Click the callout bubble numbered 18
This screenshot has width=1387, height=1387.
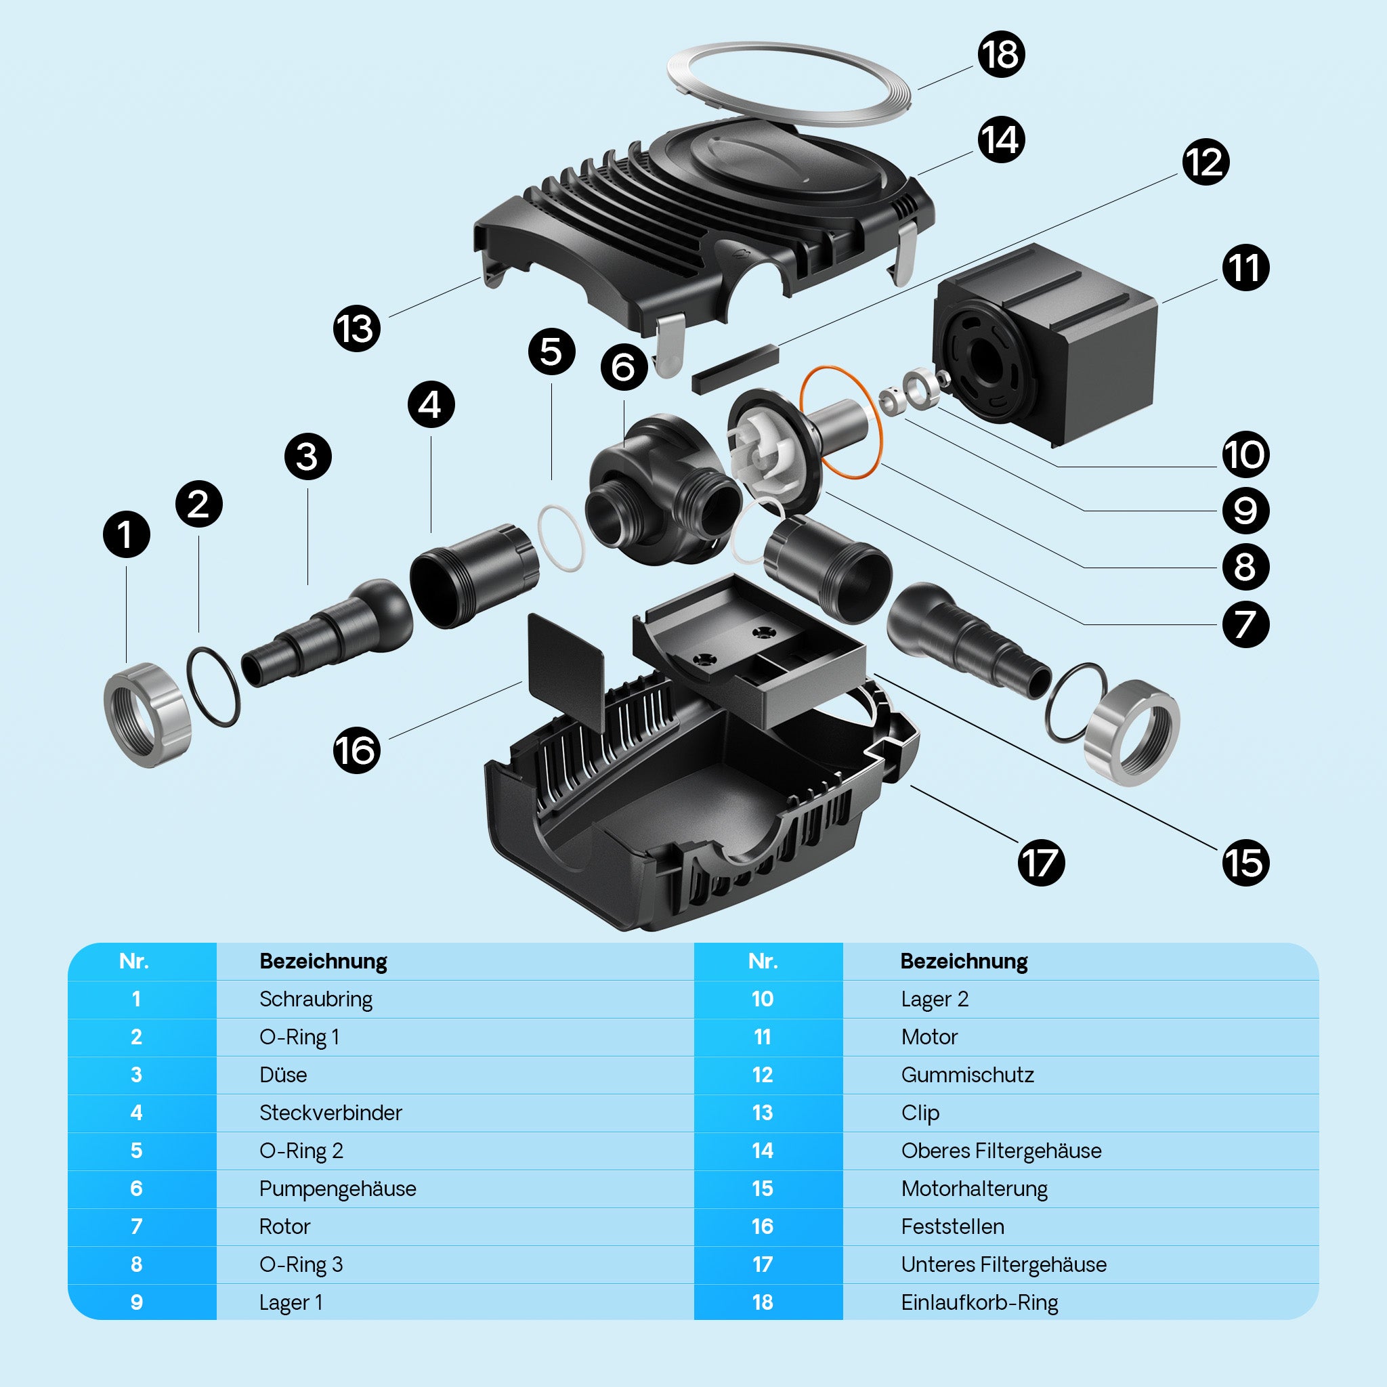point(1001,55)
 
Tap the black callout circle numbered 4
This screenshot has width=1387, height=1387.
point(431,405)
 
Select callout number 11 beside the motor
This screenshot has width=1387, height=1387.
point(1245,268)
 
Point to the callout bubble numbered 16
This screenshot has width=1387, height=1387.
point(356,751)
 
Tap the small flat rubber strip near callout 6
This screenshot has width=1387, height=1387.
point(734,368)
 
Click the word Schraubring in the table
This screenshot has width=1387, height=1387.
point(316,1000)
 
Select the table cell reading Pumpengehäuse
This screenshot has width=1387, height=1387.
point(337,1189)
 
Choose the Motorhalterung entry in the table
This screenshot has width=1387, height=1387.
point(974,1189)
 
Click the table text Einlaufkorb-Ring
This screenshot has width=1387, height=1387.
point(979,1302)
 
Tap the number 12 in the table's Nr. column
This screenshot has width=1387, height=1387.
point(763,1075)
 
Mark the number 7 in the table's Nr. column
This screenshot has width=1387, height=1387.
point(136,1226)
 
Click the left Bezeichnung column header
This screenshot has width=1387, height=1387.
point(323,961)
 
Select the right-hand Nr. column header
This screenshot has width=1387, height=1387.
point(763,961)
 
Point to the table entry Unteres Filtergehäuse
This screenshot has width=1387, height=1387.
point(1004,1264)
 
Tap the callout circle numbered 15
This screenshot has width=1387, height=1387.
point(1245,863)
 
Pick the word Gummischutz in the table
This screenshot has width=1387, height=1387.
point(967,1075)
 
